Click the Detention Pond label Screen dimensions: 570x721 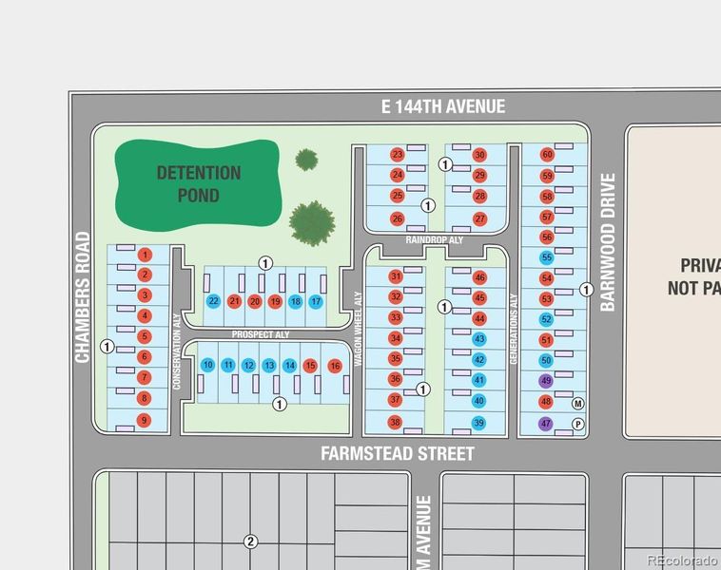[x=198, y=183]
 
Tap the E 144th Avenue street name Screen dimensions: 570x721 [x=443, y=106]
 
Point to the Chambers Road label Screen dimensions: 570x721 [x=83, y=297]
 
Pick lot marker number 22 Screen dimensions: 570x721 [x=213, y=301]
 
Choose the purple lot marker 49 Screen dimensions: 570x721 [x=546, y=381]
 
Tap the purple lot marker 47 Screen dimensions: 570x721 [x=546, y=423]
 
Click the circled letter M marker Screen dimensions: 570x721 [x=577, y=403]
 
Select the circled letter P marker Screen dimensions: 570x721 [x=577, y=424]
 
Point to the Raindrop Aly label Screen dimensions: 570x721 [x=434, y=241]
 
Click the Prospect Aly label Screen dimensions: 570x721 [x=261, y=335]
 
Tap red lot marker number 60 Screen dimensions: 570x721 [x=547, y=155]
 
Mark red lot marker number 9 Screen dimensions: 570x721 [x=144, y=420]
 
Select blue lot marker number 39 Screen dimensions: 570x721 [x=479, y=423]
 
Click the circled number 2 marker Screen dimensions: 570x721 [x=250, y=542]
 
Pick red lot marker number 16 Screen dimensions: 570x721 [x=334, y=366]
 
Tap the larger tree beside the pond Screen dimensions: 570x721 [x=312, y=221]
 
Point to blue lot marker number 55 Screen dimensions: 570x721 [x=546, y=257]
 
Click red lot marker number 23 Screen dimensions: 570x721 [x=398, y=155]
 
